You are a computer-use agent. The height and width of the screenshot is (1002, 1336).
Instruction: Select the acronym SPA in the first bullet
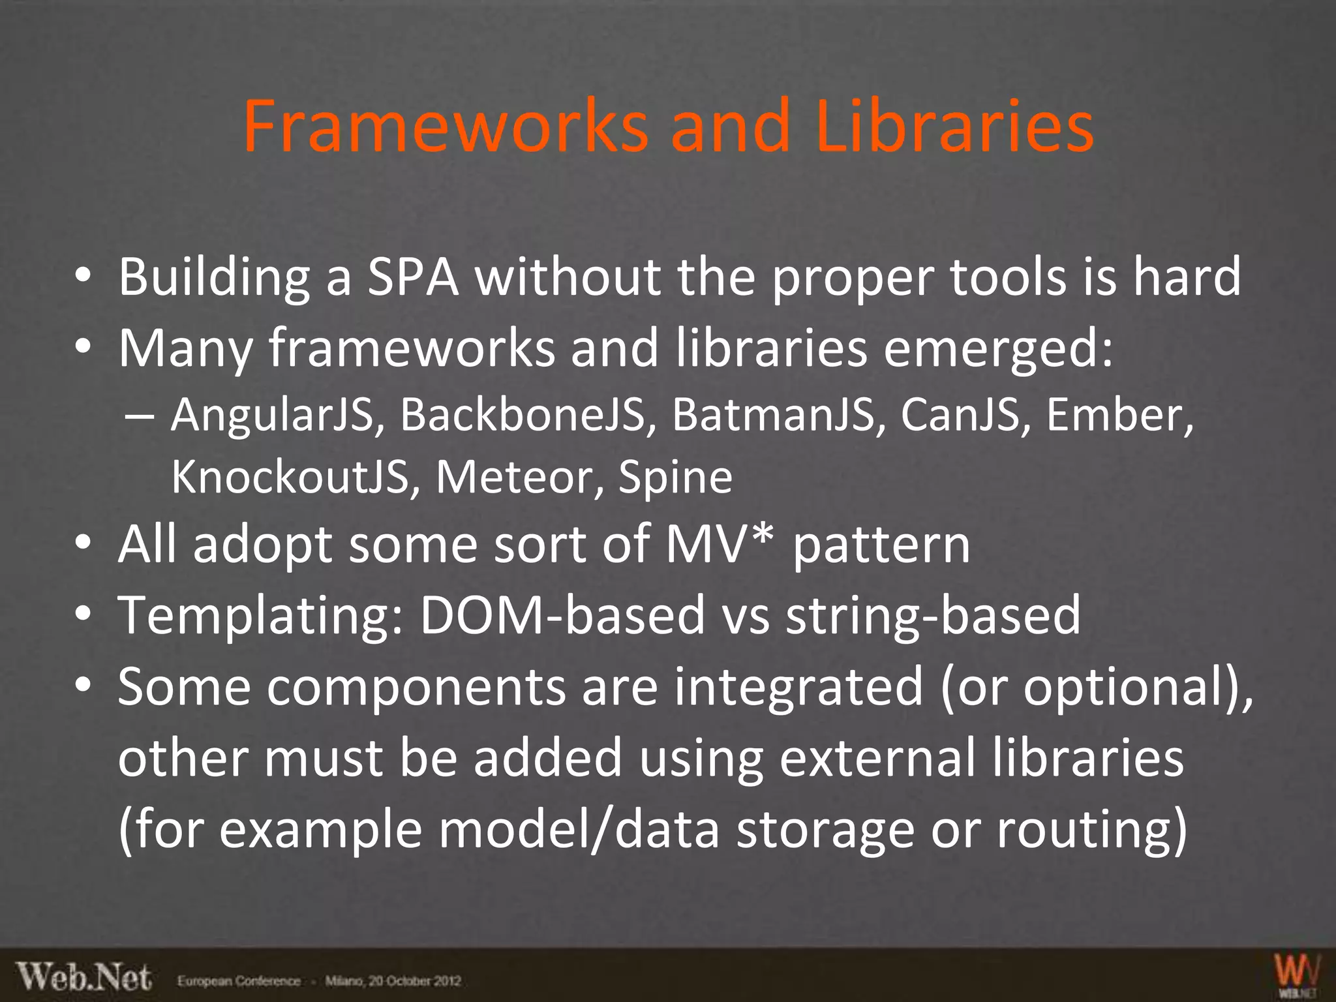[x=413, y=277]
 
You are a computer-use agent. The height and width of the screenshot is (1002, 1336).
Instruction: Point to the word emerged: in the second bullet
[x=998, y=348]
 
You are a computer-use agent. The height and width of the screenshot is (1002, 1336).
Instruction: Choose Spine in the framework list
[x=675, y=477]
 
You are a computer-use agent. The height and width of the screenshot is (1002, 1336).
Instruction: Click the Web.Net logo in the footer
[x=84, y=978]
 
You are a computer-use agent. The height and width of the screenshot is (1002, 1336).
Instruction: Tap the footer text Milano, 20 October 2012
[x=393, y=981]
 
